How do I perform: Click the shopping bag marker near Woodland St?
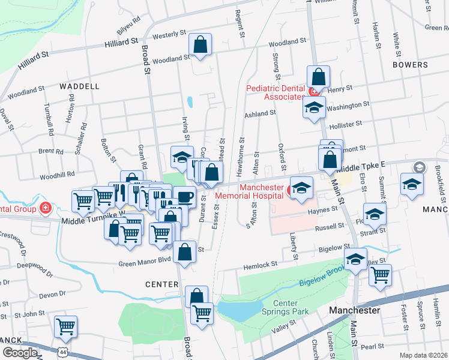pos(200,45)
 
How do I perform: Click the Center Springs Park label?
pos(285,307)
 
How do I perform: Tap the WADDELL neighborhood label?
pos(80,86)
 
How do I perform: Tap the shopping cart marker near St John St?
pos(65,327)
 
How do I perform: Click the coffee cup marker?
pos(185,197)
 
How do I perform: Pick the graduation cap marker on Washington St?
pos(313,107)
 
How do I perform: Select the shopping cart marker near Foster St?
pos(379,275)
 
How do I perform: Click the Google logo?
pos(19,353)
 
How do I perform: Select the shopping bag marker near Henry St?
pos(318,77)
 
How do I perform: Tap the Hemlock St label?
pos(260,264)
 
